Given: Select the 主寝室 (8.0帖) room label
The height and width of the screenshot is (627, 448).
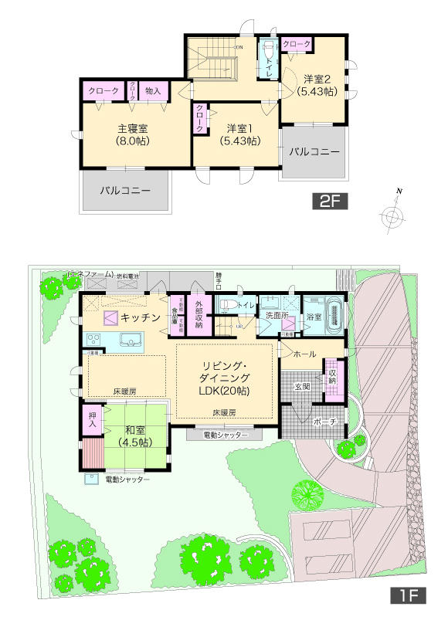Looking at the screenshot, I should coord(133,135).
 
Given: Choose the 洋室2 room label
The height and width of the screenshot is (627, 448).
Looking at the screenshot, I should coord(317,85).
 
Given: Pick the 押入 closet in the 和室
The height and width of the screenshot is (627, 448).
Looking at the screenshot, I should coord(91,421).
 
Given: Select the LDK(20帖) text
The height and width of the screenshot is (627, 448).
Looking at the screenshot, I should coord(224,391).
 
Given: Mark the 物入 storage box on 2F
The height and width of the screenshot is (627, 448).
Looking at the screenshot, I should coord(153,91).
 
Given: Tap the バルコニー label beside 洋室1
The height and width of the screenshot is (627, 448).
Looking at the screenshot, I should coord(314,152).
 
